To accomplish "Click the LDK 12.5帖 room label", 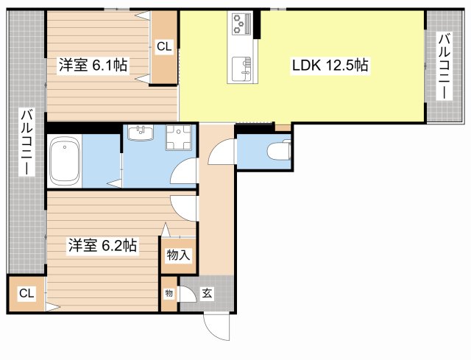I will coord(329,65).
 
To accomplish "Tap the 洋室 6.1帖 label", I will coord(93,65).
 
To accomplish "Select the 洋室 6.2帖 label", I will coord(102,246).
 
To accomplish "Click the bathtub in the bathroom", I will coord(64,162).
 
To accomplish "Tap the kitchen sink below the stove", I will coord(241,70).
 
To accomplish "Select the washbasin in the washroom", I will coord(140,133).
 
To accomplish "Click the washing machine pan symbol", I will coord(177,138).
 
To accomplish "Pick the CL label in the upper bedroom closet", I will coord(164,46).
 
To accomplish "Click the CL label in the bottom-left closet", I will coord(26,294).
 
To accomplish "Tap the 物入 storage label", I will coord(178,255).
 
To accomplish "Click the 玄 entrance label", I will coord(207,294).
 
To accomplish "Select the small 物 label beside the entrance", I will coord(169,294).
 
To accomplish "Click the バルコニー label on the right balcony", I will coord(445,66).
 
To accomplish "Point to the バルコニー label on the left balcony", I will coord(26,144).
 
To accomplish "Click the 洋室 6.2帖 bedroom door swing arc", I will coord(184,208).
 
